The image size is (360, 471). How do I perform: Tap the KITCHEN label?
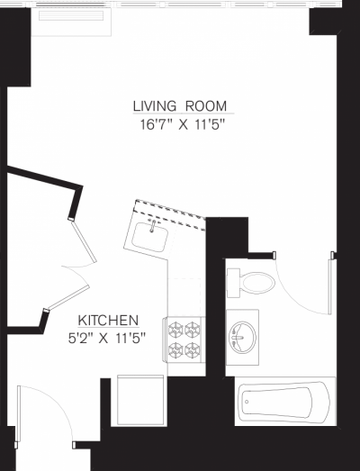[x=107, y=320]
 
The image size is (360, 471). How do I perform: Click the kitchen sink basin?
[x=149, y=237]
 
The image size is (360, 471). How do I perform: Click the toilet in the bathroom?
[x=256, y=282]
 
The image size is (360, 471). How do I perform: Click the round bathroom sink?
[x=243, y=336]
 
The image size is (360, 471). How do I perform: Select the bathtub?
[x=284, y=402]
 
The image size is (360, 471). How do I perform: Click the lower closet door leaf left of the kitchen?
[x=67, y=293]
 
